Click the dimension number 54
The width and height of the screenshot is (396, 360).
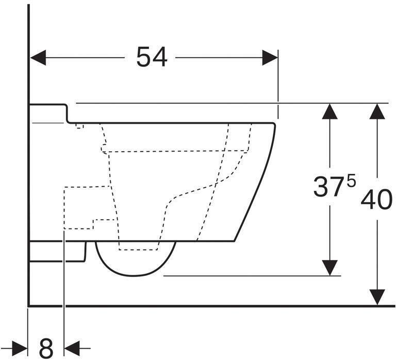pyautogui.click(x=152, y=57)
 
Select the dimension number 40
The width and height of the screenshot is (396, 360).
pyautogui.click(x=376, y=200)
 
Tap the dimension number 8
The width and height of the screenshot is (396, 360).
pyautogui.click(x=46, y=348)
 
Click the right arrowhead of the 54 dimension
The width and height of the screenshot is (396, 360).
pyautogui.click(x=270, y=58)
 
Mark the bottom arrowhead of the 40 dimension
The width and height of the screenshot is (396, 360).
pyautogui.click(x=378, y=297)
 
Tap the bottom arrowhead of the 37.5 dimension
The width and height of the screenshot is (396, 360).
pyautogui.click(x=330, y=267)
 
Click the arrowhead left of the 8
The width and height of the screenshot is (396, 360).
pyautogui.click(x=19, y=348)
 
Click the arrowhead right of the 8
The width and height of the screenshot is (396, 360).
pyautogui.click(x=72, y=348)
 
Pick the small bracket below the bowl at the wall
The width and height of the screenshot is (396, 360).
pyautogui.click(x=57, y=252)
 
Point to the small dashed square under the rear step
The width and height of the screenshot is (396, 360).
pyautogui.click(x=79, y=125)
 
